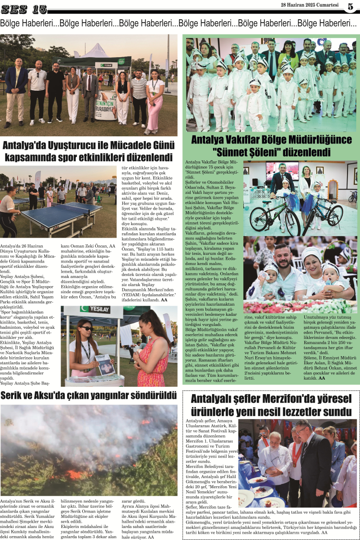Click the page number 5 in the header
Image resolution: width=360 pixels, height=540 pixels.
point(350,6)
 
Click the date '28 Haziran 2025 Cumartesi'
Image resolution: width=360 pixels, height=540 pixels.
point(310,5)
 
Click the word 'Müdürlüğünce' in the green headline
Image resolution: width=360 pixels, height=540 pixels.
point(321,140)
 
